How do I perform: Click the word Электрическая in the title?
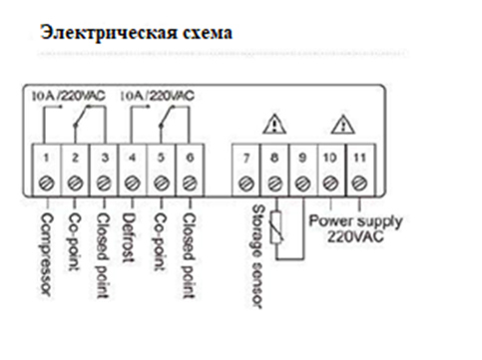point(109,34)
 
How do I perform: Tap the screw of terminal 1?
point(46,183)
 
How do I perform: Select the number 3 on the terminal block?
point(105,158)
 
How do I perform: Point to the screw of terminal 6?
point(190,183)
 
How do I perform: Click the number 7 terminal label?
point(245,159)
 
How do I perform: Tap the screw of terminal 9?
point(302,183)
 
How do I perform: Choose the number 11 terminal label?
point(359,158)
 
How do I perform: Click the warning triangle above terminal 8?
point(274,125)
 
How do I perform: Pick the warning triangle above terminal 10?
point(343,125)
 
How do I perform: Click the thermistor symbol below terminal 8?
point(276,228)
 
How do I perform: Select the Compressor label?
point(47,254)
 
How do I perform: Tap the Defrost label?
point(129,238)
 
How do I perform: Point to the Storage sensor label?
point(258,256)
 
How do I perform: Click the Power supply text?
point(355,221)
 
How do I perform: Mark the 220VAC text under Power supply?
point(355,236)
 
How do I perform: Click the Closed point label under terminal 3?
point(103,255)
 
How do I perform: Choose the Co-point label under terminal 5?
point(161,242)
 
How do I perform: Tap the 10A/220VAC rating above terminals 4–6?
point(157,96)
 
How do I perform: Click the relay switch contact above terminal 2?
point(82,116)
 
